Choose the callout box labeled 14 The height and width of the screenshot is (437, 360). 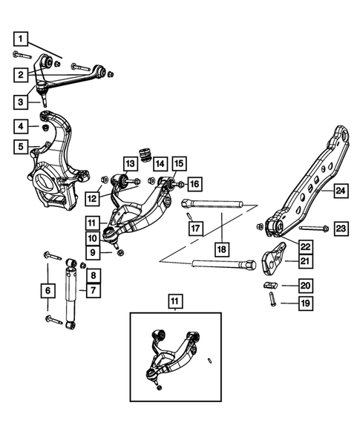point(159,164)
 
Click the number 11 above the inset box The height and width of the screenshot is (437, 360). point(173,300)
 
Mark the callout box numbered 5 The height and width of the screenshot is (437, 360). point(22,148)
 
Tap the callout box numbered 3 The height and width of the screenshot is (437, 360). point(22,101)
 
